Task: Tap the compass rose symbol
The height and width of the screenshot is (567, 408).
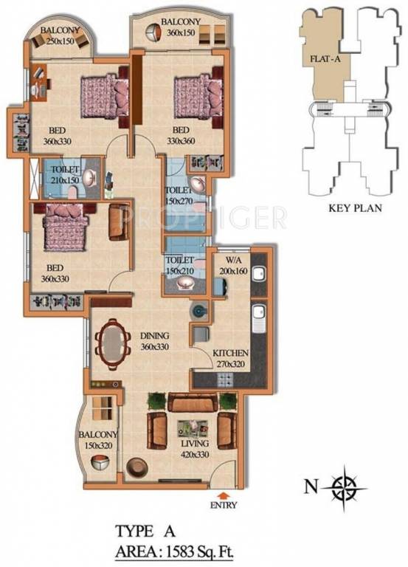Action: pos(345,487)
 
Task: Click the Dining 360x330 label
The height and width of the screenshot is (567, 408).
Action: pos(156,341)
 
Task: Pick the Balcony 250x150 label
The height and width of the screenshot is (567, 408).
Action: pos(60,35)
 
